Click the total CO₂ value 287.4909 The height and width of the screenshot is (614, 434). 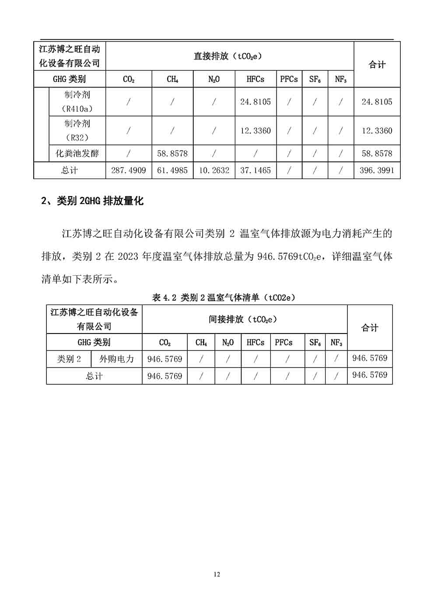click(x=128, y=170)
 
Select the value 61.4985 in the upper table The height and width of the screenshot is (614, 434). click(x=172, y=170)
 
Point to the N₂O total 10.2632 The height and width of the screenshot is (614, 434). click(x=214, y=170)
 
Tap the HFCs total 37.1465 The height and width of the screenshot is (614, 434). click(x=255, y=170)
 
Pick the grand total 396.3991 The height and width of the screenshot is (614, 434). click(x=377, y=170)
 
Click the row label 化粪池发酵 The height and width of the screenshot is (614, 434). click(x=77, y=154)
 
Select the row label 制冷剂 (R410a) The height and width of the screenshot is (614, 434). click(x=77, y=102)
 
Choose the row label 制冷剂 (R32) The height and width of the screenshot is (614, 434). click(x=77, y=130)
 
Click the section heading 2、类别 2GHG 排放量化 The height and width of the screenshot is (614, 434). click(x=92, y=201)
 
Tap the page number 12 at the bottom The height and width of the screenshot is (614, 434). click(x=217, y=574)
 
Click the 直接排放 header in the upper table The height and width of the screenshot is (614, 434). click(x=228, y=56)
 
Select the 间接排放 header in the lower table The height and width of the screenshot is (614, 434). click(x=243, y=319)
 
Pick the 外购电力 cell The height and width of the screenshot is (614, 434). click(x=117, y=359)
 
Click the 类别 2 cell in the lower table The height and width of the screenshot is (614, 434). click(x=69, y=359)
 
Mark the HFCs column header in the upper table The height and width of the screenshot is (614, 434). click(x=255, y=79)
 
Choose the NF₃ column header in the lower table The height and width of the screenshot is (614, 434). click(x=336, y=342)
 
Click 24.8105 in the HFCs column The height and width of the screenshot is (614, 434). click(x=255, y=102)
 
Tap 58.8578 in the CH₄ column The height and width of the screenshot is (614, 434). click(x=172, y=154)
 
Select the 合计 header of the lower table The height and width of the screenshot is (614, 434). click(x=370, y=327)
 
